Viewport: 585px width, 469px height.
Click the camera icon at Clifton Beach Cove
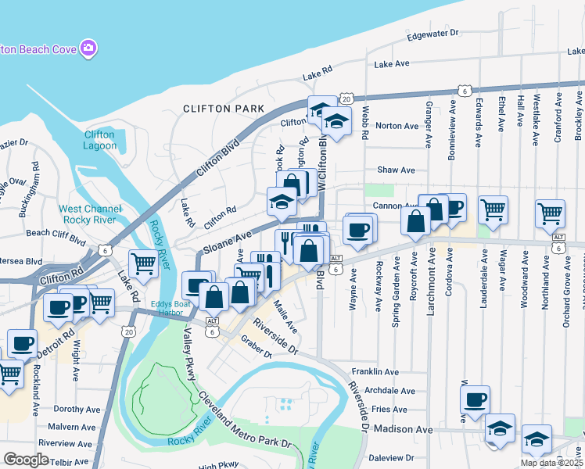[x=88, y=48]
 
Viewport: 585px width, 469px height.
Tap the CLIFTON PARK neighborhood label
[x=218, y=108]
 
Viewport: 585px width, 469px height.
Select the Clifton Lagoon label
[x=99, y=140]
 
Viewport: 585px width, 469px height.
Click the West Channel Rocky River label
[x=90, y=215]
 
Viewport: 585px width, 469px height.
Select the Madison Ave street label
[x=403, y=430]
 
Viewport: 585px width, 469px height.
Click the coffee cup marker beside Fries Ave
[x=475, y=400]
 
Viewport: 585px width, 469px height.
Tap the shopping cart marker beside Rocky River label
[x=143, y=264]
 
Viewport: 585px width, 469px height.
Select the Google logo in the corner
[x=26, y=460]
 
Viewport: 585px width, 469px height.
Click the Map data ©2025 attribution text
[x=551, y=463]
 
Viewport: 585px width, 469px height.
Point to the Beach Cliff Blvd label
[x=56, y=233]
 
